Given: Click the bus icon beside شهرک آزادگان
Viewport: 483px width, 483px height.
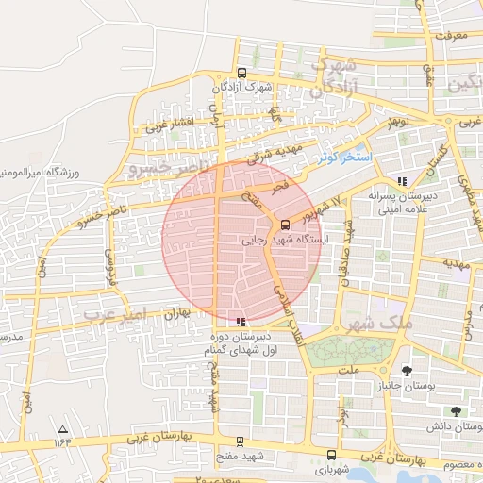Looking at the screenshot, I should [x=242, y=73].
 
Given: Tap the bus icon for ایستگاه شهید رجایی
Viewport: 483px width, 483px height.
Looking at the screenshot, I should [x=286, y=225].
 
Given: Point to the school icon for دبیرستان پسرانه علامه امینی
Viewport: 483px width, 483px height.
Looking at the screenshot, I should [x=403, y=180].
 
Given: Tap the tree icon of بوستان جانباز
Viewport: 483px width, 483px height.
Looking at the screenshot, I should [x=407, y=371].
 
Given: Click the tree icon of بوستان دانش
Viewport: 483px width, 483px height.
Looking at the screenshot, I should [x=456, y=411].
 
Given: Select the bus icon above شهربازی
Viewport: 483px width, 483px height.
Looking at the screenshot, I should [x=329, y=454].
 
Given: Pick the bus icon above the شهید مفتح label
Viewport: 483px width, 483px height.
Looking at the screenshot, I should [x=240, y=441].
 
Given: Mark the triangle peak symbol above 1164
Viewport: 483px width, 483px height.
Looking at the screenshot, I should [x=62, y=428].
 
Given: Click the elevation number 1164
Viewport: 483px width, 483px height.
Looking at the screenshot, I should [x=62, y=441].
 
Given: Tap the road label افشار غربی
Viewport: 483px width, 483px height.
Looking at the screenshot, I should [x=170, y=124].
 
